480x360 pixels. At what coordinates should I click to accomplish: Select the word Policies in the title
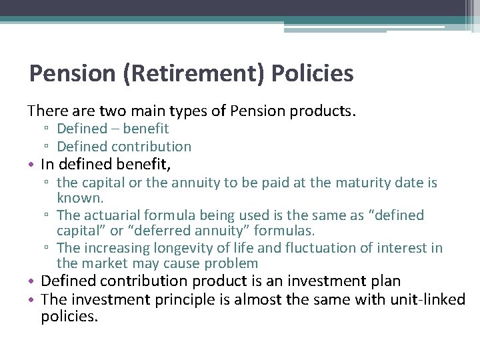pos(313,73)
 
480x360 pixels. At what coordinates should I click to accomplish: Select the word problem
pos(227,264)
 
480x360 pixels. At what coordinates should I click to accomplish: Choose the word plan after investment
pos(386,281)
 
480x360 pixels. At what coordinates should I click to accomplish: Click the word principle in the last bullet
pos(187,300)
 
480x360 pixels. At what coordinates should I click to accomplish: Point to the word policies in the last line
pos(69,317)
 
